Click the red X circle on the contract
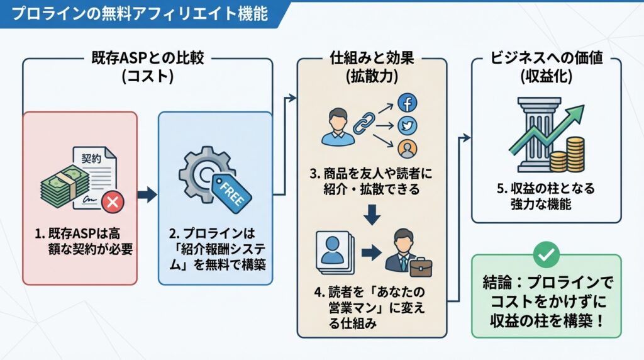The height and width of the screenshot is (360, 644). (x=114, y=201)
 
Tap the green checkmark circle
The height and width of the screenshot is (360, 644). (x=545, y=254)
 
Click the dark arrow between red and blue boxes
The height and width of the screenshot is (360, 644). (x=147, y=195)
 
